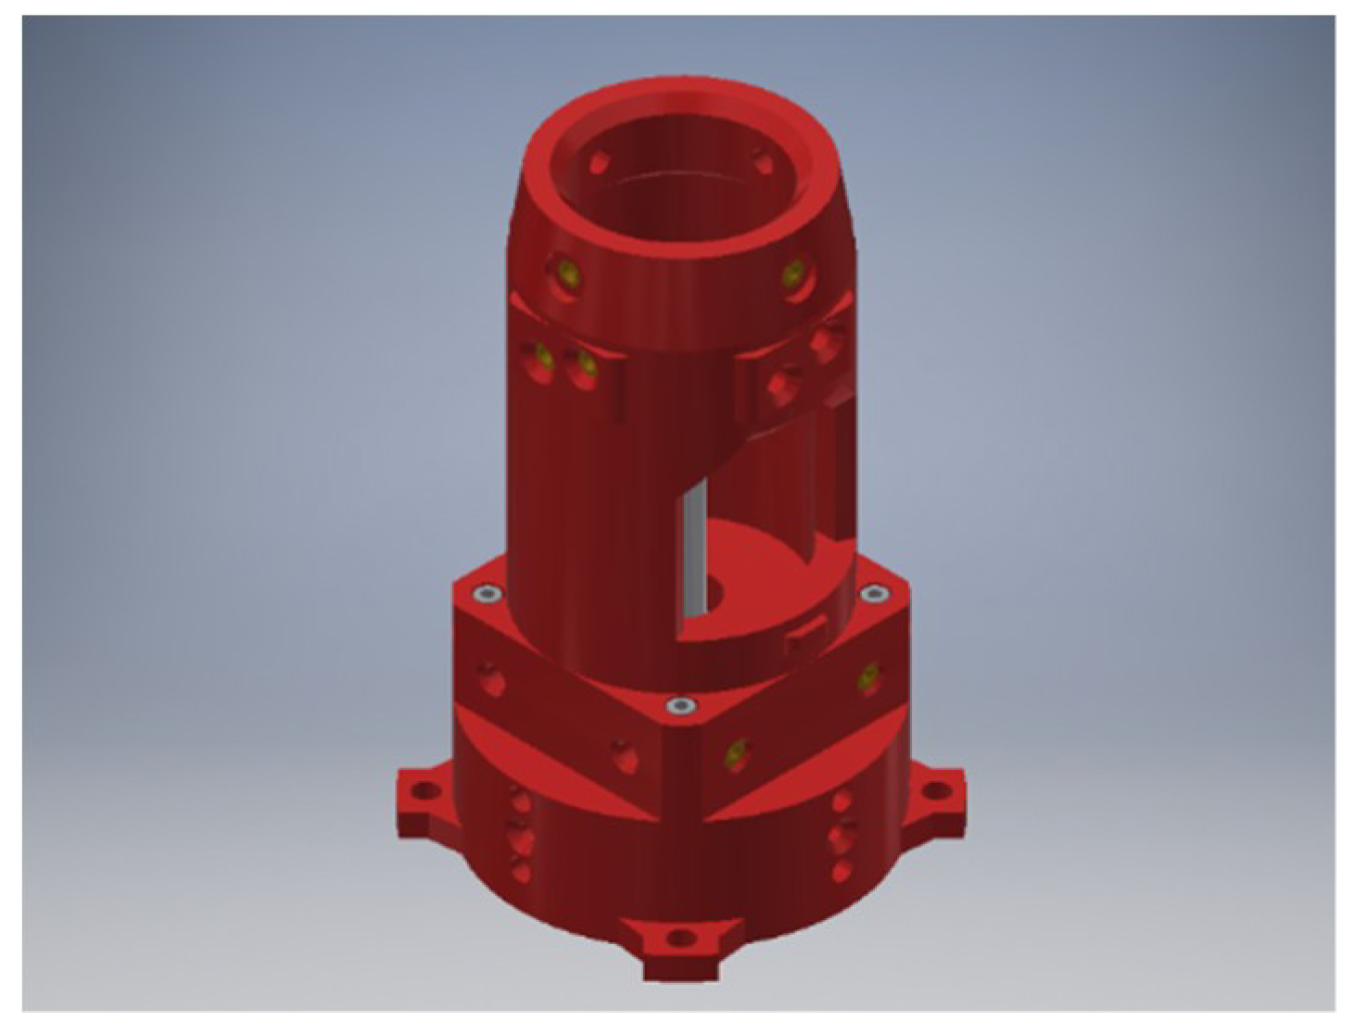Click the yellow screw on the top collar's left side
click(x=565, y=273)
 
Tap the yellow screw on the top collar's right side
click(x=793, y=272)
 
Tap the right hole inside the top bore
click(x=762, y=158)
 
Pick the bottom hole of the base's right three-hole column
click(x=842, y=871)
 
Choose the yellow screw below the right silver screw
click(x=867, y=677)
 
